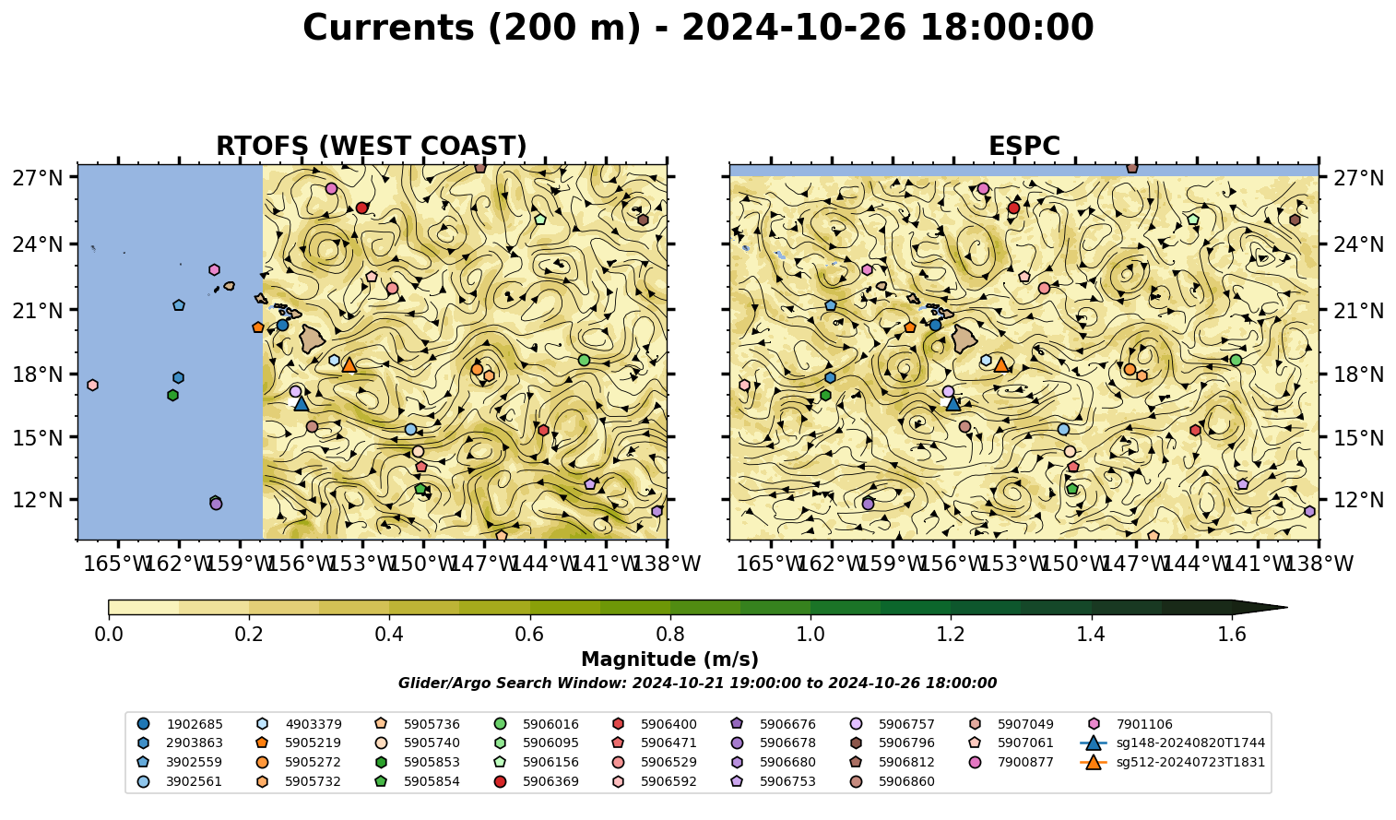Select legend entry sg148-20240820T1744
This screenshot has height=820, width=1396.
[1172, 743]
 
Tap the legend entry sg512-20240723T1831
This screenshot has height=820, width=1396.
[1172, 762]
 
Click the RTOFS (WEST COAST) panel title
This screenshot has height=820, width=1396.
[372, 146]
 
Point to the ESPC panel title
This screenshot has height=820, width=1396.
[1023, 146]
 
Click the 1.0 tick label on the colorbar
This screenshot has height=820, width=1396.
[810, 635]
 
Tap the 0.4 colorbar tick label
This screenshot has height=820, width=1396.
[389, 635]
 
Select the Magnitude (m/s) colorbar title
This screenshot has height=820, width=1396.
[670, 660]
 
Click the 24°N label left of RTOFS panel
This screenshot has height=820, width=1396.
[38, 244]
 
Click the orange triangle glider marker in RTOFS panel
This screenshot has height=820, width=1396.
[349, 365]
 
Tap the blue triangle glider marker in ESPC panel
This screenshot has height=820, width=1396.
[952, 404]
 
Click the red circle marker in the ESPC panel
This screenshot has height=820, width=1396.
[1013, 208]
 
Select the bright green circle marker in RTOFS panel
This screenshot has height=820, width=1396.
[584, 360]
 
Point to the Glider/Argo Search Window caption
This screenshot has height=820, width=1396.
[697, 683]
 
